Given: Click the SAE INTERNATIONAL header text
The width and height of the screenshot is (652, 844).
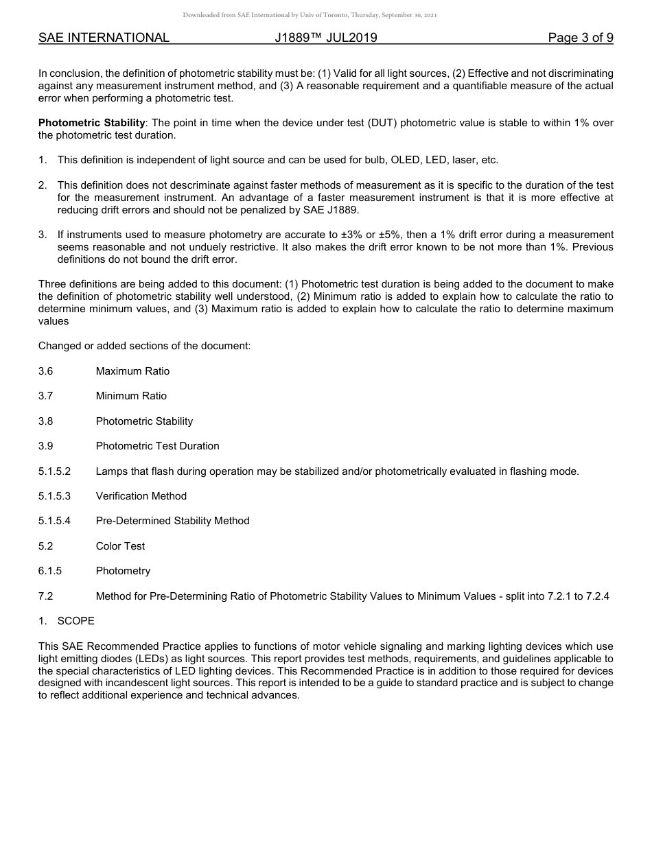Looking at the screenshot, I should [104, 38].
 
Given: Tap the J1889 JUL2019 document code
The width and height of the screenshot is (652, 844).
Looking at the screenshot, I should [326, 38].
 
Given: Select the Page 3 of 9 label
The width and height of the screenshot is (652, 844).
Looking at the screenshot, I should [580, 38].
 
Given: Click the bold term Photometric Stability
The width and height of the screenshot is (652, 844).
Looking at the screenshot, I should [91, 123].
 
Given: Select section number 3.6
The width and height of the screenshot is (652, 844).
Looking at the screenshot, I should [45, 371].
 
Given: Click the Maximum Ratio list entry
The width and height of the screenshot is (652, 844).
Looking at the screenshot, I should [132, 371].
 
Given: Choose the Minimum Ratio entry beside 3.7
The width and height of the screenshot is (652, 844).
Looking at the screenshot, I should [131, 396].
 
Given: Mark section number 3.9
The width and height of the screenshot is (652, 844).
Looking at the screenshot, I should [45, 446].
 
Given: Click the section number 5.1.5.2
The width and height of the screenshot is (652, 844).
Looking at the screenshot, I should [54, 471].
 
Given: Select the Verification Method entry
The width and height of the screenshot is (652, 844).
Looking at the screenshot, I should [141, 496].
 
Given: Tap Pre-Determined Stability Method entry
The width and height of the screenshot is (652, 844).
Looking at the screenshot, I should [172, 521].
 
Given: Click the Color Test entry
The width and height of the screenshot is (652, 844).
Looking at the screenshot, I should [120, 546].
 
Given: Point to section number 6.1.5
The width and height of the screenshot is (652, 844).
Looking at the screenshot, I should [49, 571].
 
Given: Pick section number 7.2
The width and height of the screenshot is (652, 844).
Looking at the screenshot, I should [45, 596].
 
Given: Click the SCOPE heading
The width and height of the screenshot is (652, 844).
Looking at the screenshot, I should [75, 621].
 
